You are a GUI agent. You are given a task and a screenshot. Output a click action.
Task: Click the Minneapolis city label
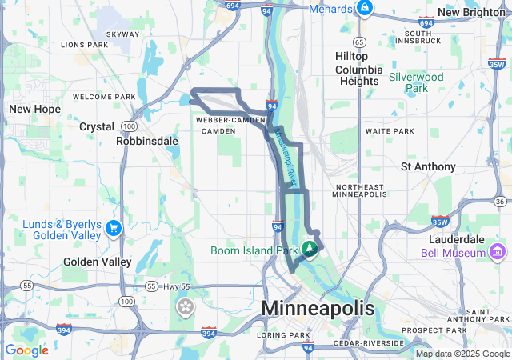(x=318, y=309)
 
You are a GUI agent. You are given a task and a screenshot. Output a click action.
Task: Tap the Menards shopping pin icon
(x=364, y=8)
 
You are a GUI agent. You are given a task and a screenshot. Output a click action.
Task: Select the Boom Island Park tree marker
(x=309, y=250)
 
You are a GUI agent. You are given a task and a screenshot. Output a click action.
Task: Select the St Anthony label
(x=428, y=167)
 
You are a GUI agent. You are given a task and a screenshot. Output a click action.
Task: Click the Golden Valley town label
(x=97, y=262)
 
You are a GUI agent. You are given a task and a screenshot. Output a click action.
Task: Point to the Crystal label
(x=97, y=126)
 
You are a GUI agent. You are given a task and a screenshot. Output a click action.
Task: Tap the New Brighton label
(x=471, y=12)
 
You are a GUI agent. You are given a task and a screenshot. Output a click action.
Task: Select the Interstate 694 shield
(x=233, y=6)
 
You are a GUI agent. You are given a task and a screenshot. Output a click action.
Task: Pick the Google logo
(x=26, y=350)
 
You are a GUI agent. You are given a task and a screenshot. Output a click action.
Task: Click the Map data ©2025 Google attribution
(x=462, y=354)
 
